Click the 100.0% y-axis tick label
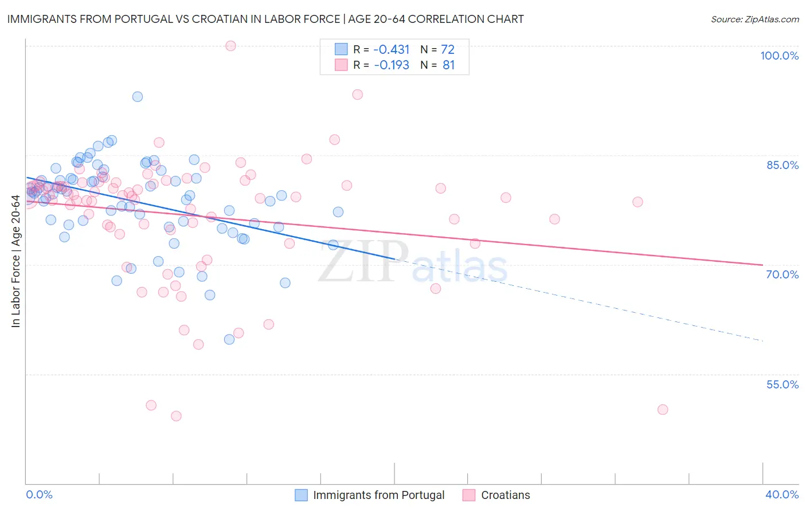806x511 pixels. pos(779,56)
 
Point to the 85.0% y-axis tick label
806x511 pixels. pos(782,165)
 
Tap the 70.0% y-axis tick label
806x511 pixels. pos(782,274)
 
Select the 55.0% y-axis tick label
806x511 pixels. pos(782,384)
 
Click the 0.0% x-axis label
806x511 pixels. pos(39,494)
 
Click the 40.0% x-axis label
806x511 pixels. pos(781,494)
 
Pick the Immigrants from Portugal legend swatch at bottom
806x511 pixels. pos(301,495)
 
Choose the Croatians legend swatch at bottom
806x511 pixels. pos(469,495)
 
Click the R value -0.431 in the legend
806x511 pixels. pos(391,49)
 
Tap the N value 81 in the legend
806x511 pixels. pos(448,65)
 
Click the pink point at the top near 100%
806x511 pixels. pos(230,46)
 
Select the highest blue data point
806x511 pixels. pos(138,97)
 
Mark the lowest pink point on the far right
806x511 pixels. pos(663,410)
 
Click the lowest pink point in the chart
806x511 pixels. pos(176,416)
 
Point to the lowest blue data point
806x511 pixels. pos(229,339)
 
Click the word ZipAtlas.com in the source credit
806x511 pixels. pos(771,19)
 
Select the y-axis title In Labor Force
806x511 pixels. pos(15,262)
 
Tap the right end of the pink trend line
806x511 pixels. pos(762,265)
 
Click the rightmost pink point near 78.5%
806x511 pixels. pos(637,202)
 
